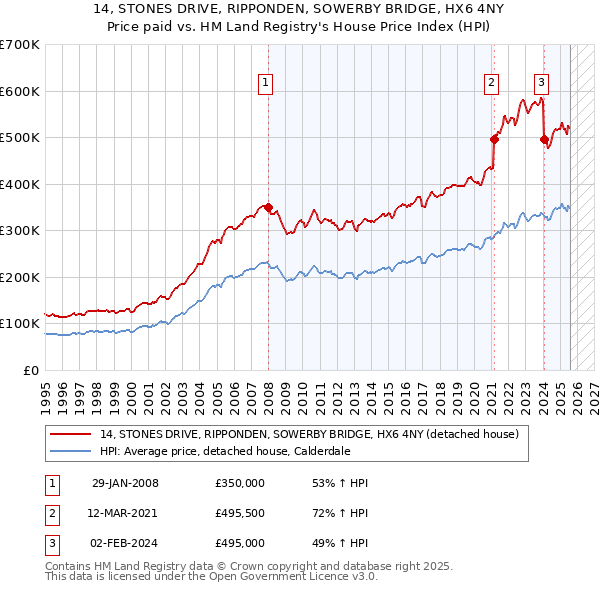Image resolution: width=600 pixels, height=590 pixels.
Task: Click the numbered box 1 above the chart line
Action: pos(267,84)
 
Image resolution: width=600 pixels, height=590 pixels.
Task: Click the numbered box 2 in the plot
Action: pos(492,84)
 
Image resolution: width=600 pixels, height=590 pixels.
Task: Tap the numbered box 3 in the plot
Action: pos(541,84)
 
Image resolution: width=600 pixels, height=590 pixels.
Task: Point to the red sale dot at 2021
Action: pos(494,140)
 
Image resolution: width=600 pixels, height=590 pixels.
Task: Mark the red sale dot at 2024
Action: pos(544,140)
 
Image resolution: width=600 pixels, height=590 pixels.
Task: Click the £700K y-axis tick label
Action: pos(19,45)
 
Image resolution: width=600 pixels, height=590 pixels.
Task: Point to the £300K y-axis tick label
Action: pos(19,231)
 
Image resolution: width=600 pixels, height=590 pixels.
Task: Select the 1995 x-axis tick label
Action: pos(46,391)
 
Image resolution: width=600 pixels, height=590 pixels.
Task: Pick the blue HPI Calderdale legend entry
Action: pos(240,451)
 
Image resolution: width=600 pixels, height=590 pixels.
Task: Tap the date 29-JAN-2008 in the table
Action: pos(125,483)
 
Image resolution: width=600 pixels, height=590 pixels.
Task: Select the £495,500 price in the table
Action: pos(240,513)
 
